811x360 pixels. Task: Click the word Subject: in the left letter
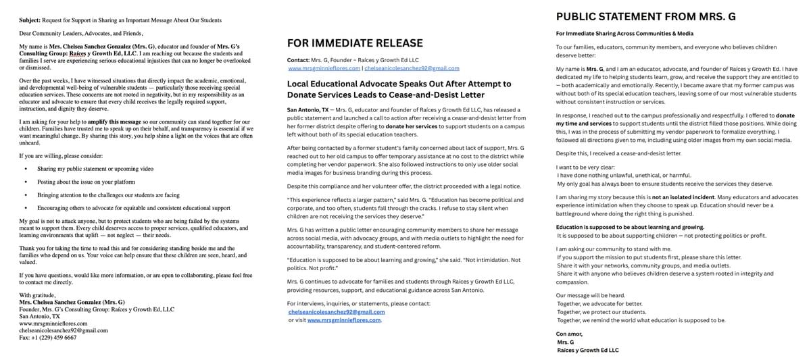[x=30, y=20]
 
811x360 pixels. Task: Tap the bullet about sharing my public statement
[x=95, y=168]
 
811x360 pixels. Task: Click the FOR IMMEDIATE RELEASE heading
[x=355, y=43]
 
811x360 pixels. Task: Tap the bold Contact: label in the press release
[x=298, y=60]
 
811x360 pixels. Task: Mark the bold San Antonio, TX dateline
[x=308, y=109]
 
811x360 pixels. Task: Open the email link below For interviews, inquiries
[x=336, y=312]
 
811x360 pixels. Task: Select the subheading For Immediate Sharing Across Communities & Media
[x=624, y=34]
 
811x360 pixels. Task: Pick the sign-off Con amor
[x=569, y=334]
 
